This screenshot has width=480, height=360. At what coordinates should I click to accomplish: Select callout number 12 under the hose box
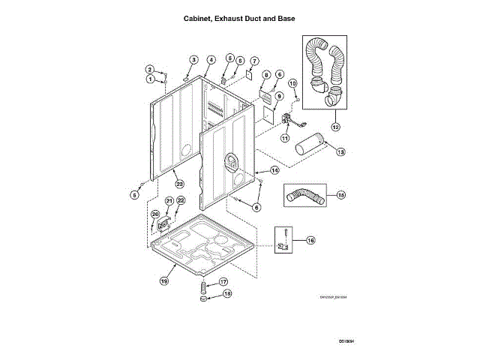click(x=335, y=127)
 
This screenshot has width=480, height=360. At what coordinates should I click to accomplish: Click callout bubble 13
click(x=340, y=151)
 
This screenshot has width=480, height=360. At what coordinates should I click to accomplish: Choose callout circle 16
click(x=310, y=241)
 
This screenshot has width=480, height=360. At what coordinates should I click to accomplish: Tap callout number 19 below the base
click(x=163, y=281)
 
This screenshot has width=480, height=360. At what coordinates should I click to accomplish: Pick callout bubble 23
click(x=179, y=184)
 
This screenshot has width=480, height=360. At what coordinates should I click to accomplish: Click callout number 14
click(x=274, y=171)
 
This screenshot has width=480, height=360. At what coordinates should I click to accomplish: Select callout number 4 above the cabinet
click(x=211, y=59)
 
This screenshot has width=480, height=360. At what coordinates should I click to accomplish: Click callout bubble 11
click(x=285, y=138)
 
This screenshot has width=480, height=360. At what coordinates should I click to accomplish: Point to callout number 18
click(x=227, y=295)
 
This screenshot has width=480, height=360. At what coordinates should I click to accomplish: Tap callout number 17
click(x=223, y=282)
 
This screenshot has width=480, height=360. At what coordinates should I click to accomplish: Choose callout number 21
click(x=169, y=200)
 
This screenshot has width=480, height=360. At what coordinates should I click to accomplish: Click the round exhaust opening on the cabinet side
click(x=230, y=160)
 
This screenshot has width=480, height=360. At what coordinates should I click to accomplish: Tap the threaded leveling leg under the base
click(x=202, y=287)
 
